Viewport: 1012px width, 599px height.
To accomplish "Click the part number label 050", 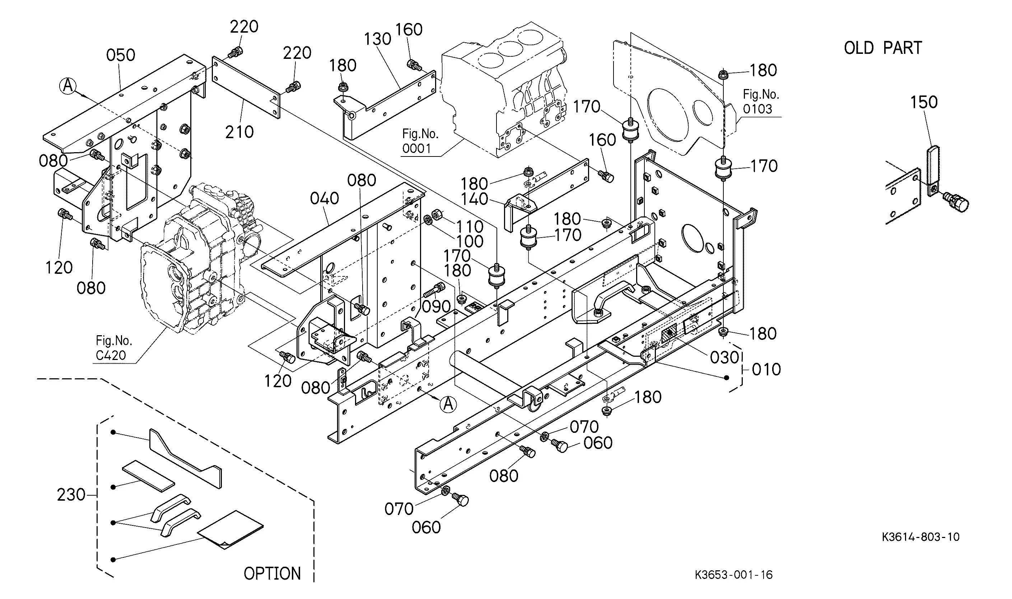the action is point(121,55).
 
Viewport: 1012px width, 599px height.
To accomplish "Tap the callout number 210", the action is point(239,132).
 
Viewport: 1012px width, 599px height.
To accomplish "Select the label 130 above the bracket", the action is point(378,39).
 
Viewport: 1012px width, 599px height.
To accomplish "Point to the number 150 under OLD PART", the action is point(924,102).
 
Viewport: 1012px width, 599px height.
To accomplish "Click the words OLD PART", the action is point(883,48).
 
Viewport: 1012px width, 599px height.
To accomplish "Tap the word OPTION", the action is point(272,574).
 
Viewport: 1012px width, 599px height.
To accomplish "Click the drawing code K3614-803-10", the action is point(921,537).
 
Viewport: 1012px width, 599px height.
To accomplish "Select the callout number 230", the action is point(71,495).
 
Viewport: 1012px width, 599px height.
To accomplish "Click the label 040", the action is point(325,198).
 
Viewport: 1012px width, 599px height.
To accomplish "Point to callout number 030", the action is point(724,357).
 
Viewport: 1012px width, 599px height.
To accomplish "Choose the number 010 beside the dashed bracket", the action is point(766,370).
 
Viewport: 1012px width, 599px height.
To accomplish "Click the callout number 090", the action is point(437,307).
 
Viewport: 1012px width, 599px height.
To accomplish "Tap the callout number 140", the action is point(475,199).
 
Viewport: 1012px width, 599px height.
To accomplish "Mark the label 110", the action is point(470,227).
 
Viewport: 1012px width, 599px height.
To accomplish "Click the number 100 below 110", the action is point(470,242).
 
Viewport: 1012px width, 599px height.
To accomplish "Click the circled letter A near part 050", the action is point(68,85).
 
